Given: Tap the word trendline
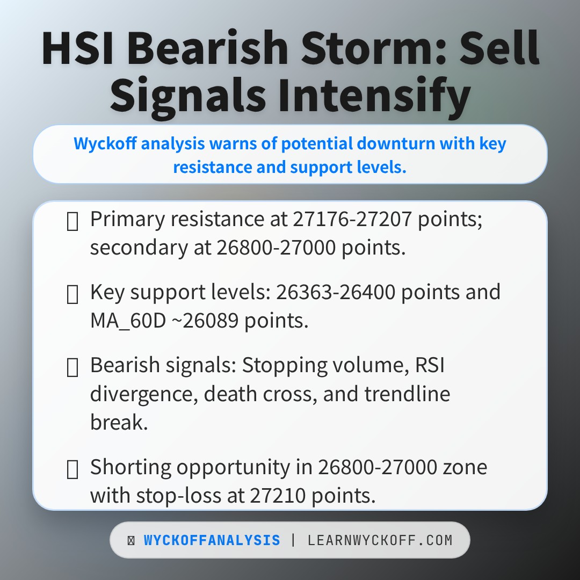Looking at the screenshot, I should tap(407, 394).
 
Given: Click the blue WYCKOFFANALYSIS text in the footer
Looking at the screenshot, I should tap(212, 540).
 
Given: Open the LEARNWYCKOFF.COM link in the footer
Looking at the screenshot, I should tap(380, 540).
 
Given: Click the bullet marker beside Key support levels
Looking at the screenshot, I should tap(72, 294).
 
